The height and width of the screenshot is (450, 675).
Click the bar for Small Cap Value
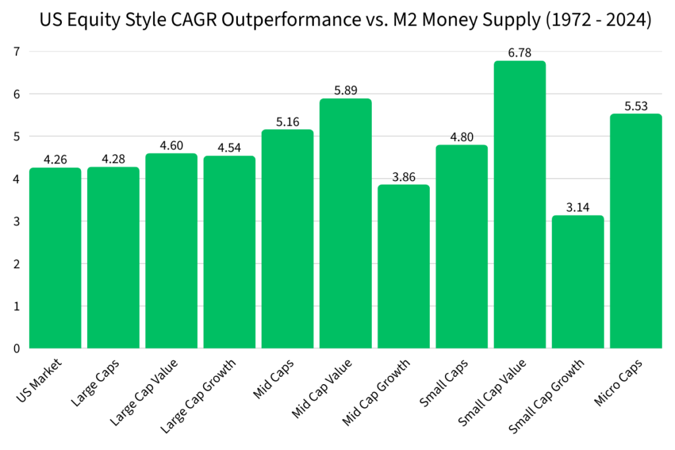519,204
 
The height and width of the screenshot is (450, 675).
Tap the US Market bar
55,258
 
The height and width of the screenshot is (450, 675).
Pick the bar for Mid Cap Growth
403,266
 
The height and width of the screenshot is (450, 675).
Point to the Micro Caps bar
635,231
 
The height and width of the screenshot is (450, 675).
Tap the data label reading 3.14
577,208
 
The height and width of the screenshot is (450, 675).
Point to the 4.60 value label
171,146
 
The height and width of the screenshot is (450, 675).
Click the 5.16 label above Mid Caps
287,122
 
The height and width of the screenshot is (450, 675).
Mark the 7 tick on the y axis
16,52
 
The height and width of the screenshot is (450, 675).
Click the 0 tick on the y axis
16,349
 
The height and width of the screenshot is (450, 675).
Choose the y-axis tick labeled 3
16,221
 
